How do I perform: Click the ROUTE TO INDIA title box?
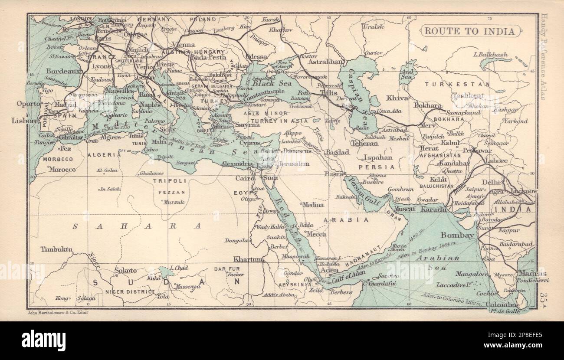point(469,31)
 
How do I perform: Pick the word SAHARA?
point(137,226)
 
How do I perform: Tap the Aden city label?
point(329,270)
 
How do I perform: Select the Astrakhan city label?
point(326,62)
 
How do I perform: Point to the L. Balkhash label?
point(491,55)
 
